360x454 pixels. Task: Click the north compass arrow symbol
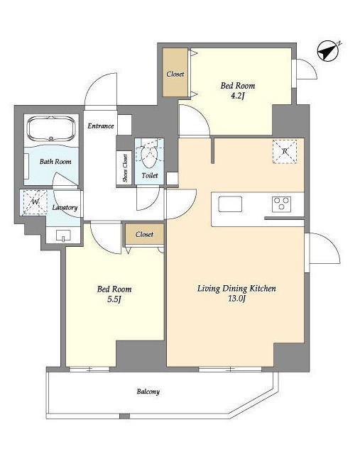[x=329, y=51]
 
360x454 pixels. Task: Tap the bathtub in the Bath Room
[x=51, y=129]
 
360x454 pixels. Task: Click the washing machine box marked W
[x=35, y=202]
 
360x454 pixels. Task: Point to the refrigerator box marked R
[x=285, y=151]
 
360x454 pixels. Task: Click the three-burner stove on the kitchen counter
[x=281, y=204]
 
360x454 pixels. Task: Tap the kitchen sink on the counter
[x=230, y=204]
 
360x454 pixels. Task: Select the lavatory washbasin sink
[x=63, y=235]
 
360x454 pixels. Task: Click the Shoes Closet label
[x=125, y=168]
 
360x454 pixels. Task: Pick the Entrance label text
[x=101, y=126]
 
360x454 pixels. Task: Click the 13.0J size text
[x=236, y=299]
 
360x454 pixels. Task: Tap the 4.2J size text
[x=238, y=96]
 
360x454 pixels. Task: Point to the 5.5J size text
[x=114, y=299]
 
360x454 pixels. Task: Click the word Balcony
[x=148, y=392]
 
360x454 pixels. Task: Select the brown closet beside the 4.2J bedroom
[x=175, y=72]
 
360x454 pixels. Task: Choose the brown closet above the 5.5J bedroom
[x=144, y=234]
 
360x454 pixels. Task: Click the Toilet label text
[x=150, y=175]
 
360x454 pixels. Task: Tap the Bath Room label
[x=55, y=162]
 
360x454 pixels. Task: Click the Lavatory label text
[x=65, y=208]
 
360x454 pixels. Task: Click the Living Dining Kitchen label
[x=236, y=289]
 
